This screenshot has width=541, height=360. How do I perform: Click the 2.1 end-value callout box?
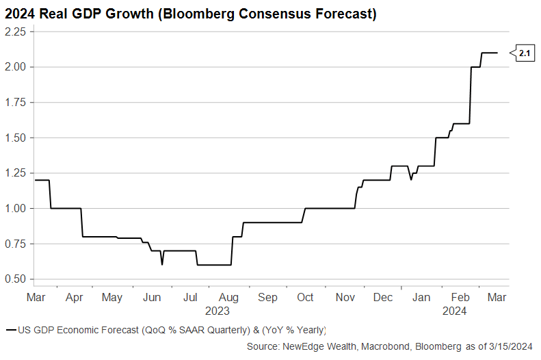point(524,53)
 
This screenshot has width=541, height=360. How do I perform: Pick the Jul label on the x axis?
point(190,298)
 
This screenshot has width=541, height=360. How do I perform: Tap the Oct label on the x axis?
point(305,298)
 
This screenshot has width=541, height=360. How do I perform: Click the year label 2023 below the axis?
point(217,311)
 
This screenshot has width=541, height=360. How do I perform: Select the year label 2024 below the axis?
point(455,311)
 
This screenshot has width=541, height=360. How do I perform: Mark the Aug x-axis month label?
point(228,298)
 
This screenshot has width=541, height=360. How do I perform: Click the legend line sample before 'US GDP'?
point(10,330)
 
